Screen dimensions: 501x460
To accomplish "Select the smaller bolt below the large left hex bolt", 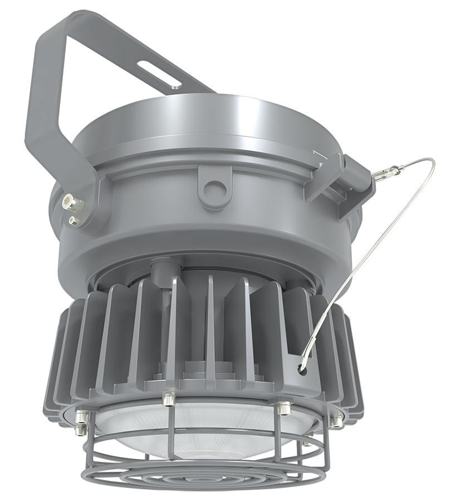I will coord(73,221).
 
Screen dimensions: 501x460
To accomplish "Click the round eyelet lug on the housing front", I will coord(214,189).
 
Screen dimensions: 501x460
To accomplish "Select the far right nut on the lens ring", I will coord(336,421).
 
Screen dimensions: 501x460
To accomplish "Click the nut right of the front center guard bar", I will coord(283,408).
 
